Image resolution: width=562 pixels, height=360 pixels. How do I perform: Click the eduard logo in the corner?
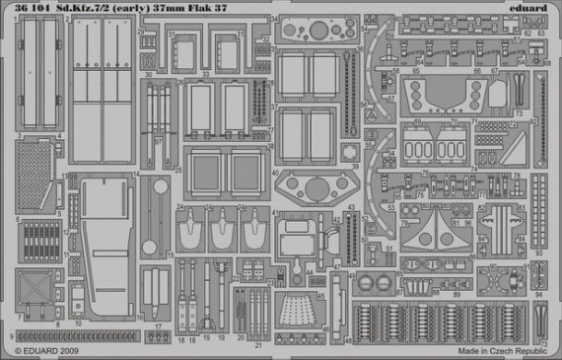pos(532,8)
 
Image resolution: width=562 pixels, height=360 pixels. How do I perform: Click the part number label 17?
pos(159,325)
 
